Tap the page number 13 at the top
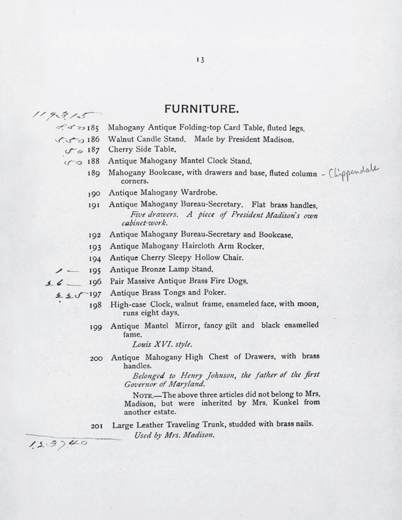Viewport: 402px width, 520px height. pyautogui.click(x=200, y=60)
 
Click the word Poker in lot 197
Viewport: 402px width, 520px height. pyautogui.click(x=215, y=292)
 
